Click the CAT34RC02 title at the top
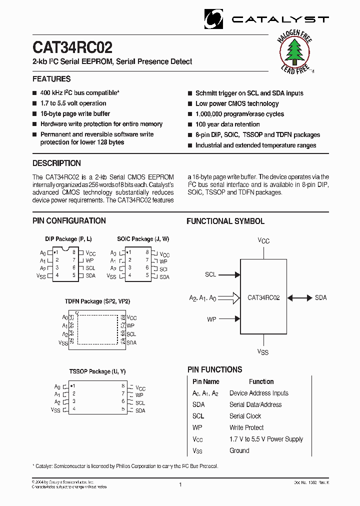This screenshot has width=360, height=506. coord(72,47)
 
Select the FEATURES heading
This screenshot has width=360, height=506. coord(51,79)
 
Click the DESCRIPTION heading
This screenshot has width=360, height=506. coord(56,163)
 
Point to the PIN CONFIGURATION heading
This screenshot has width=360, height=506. coord(69,221)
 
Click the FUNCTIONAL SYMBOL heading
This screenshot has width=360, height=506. coord(225,221)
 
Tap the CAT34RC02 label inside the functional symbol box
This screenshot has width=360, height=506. coord(263,297)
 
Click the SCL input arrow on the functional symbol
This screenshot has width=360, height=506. coord(230,274)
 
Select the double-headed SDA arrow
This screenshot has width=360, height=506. coord(299,297)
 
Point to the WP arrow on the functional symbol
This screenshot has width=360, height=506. coord(230,318)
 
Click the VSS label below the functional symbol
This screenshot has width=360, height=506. coord(263,352)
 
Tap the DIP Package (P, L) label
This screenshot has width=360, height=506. coord(68,239)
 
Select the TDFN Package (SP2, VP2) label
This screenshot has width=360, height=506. coord(97,302)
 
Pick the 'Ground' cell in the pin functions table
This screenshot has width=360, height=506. coord(239,450)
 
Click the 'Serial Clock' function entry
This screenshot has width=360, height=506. coord(245,416)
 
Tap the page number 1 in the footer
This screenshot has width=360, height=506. coord(180,484)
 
